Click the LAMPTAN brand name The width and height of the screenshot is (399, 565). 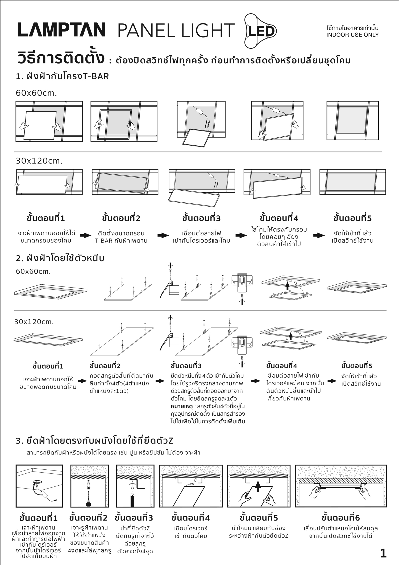(62, 30)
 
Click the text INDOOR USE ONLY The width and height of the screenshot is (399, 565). (352, 35)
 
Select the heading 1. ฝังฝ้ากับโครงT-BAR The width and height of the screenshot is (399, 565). (63, 76)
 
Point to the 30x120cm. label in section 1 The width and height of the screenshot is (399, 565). (39, 161)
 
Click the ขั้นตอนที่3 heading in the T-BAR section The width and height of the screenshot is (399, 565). (201, 218)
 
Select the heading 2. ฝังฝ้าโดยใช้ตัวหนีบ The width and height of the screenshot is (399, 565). (60, 258)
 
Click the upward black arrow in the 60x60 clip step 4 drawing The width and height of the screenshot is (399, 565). (288, 286)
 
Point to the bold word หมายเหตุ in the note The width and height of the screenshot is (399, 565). (182, 407)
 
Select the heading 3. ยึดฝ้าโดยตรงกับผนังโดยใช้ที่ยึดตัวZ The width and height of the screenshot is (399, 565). (95, 441)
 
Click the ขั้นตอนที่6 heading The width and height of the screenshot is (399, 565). (340, 518)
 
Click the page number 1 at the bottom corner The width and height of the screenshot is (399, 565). (383, 553)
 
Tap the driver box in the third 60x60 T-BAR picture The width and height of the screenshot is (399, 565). (200, 111)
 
